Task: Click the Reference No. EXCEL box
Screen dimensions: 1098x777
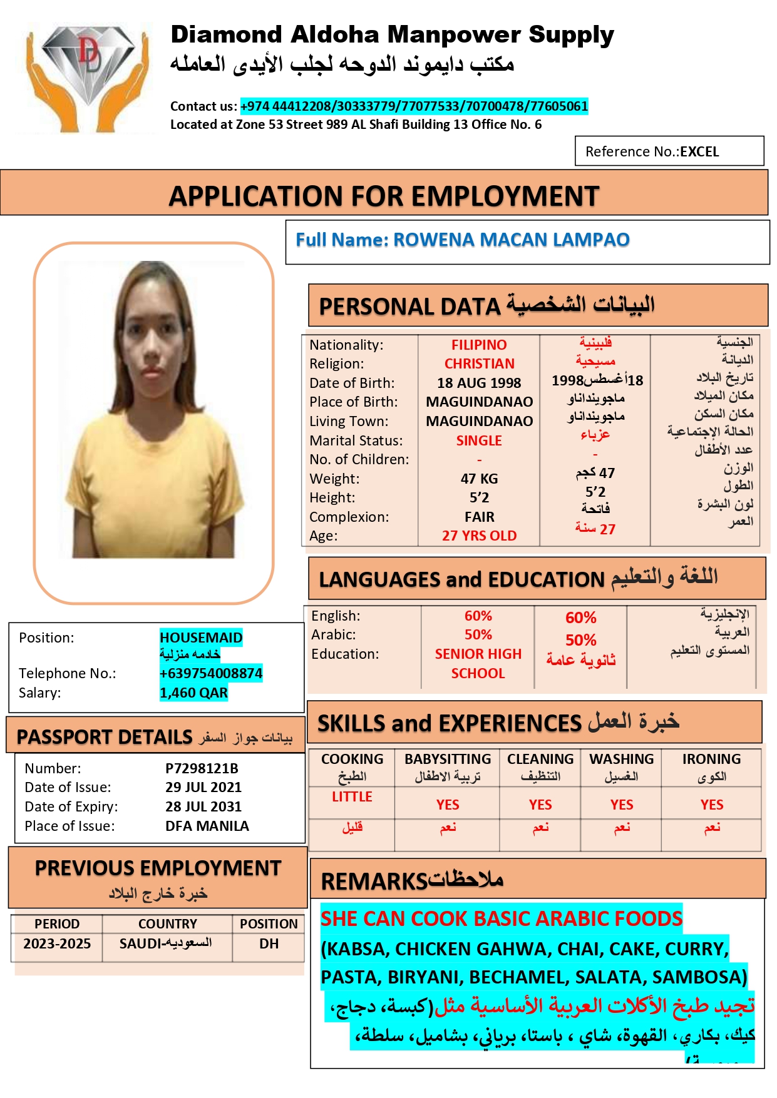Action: (669, 151)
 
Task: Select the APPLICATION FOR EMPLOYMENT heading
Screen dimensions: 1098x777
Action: (384, 196)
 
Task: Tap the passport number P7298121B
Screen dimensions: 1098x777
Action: (202, 768)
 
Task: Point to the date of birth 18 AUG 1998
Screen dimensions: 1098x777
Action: (479, 383)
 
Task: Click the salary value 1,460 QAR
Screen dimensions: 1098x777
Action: (193, 693)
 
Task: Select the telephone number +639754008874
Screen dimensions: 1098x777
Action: (210, 673)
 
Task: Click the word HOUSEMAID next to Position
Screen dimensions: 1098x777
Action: (201, 638)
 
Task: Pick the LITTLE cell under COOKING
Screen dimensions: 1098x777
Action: (352, 797)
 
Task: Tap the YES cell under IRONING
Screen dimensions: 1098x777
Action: (712, 805)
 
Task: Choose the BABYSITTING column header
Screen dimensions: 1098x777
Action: (448, 759)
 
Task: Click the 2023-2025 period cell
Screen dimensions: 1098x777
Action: (57, 943)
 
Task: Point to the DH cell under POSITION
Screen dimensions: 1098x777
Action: (269, 943)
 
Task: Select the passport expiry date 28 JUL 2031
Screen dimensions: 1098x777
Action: (203, 806)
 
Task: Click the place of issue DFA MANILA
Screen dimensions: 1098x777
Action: (207, 826)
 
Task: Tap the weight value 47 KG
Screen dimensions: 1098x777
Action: (479, 479)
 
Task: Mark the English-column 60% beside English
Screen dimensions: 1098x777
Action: (478, 616)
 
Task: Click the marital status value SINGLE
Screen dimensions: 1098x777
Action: (479, 440)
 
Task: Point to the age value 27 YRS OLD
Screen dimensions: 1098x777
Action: (479, 536)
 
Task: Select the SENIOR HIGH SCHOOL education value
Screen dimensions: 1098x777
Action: (478, 663)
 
